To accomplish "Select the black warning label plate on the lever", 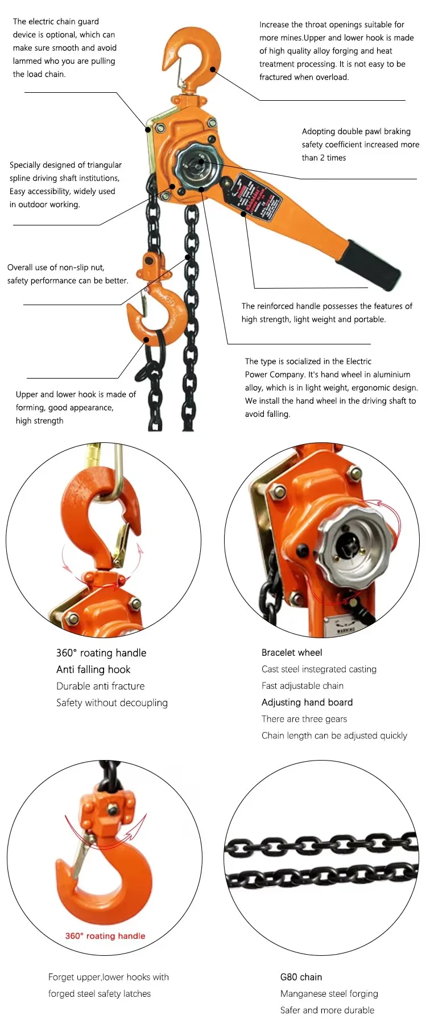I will [x=257, y=198].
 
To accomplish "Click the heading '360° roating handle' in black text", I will [x=101, y=653].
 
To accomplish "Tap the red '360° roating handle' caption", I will [x=105, y=936].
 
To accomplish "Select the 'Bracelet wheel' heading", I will [x=292, y=652].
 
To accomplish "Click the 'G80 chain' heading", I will [x=301, y=977].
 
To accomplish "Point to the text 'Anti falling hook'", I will [x=93, y=669].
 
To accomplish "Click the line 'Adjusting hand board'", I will [x=307, y=702].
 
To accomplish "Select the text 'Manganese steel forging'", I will [x=329, y=993].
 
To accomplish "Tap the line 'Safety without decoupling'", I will [x=112, y=703].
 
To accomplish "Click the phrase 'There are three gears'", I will [x=304, y=719].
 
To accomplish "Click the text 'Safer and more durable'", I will [x=327, y=1010].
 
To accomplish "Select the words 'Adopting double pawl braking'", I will [x=356, y=132].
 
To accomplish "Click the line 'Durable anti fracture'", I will [x=101, y=686].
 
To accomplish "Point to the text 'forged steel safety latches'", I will [x=100, y=993].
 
